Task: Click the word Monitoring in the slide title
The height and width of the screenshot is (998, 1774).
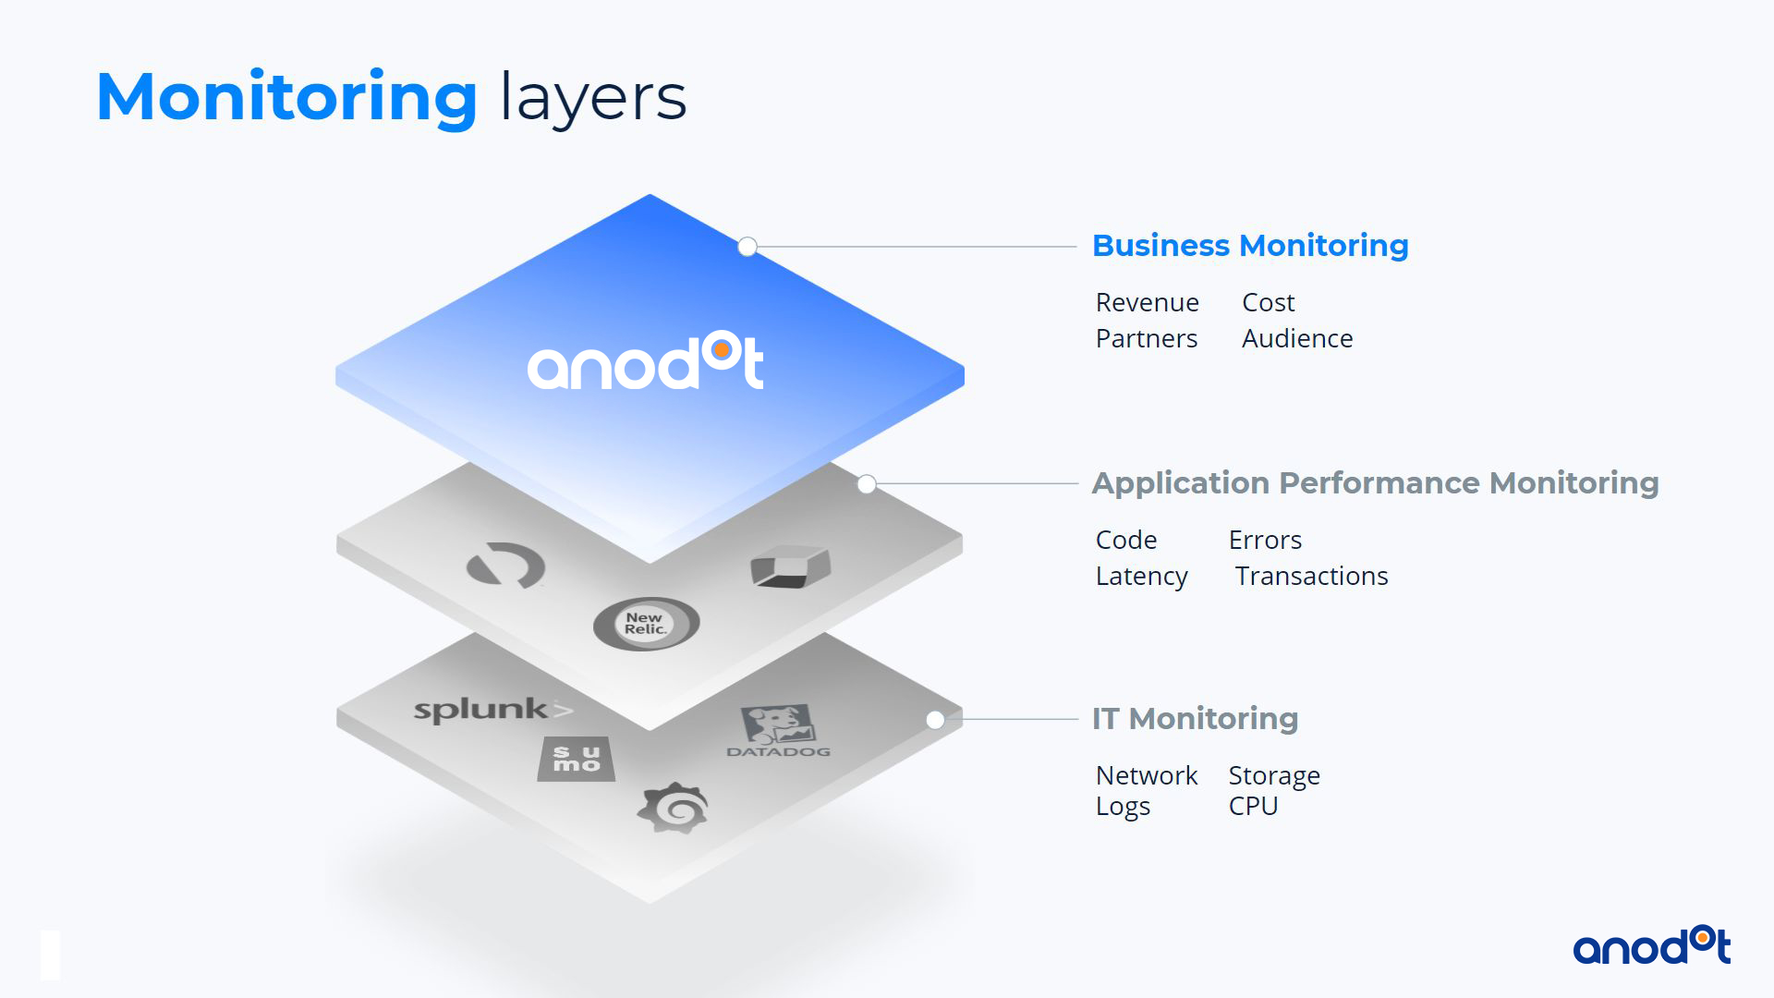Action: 286,98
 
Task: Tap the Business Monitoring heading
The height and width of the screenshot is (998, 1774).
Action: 1250,246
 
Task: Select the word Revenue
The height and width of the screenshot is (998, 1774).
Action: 1147,302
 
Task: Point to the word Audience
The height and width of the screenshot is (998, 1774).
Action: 1297,338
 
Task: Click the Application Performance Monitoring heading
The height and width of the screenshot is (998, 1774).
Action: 1375,483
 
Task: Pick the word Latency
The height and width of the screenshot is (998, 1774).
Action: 1141,577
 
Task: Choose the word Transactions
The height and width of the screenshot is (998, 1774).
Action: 1311,576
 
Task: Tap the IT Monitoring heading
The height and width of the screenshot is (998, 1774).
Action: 1195,719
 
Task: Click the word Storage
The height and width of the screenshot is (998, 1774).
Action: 1274,776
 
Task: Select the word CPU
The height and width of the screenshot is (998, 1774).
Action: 1253,806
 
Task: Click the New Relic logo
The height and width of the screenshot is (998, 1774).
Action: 646,624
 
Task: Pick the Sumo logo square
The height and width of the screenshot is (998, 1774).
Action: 577,760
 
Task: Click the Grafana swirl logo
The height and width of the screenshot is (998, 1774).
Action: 673,809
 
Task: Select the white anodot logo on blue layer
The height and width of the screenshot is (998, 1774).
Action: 645,361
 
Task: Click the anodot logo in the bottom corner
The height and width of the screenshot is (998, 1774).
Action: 1651,947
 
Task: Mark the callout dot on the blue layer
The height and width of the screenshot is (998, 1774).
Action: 747,247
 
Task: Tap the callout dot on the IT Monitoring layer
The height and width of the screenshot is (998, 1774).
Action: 935,720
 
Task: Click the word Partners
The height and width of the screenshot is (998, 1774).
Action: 1146,338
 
